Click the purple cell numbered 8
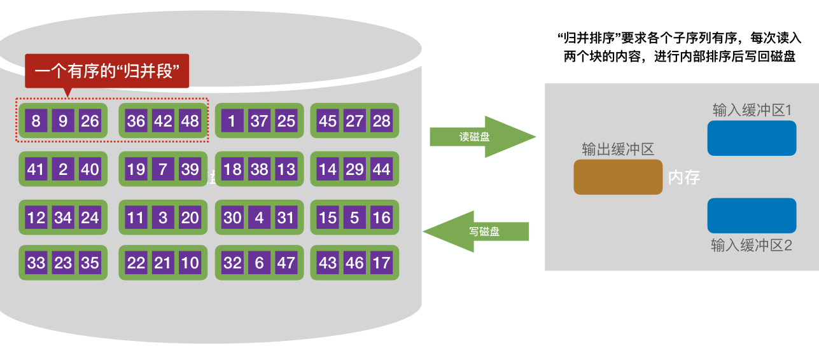(x=36, y=120)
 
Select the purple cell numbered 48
(x=190, y=120)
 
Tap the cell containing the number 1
(x=232, y=120)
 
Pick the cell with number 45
(x=328, y=120)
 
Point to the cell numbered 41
(x=36, y=169)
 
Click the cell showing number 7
(x=163, y=169)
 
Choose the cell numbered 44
(x=381, y=169)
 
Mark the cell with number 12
(x=36, y=218)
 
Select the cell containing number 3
(x=163, y=218)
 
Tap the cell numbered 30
(x=232, y=218)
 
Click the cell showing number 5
(x=354, y=218)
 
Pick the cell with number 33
(x=36, y=263)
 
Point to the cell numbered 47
(x=286, y=263)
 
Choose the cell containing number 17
(x=381, y=263)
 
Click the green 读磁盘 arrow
(x=480, y=137)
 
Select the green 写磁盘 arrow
(x=480, y=232)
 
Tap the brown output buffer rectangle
(x=618, y=177)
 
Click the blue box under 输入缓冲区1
(x=752, y=138)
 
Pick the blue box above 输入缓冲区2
(x=752, y=216)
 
